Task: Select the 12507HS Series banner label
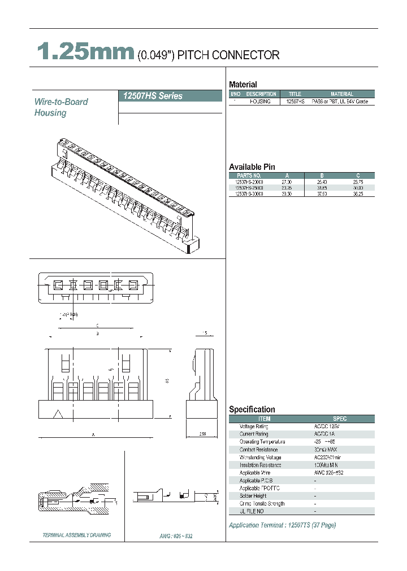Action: (x=153, y=96)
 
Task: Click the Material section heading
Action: (x=243, y=85)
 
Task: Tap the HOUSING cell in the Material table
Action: (x=261, y=102)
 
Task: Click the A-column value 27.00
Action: (x=287, y=182)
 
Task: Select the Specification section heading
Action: (x=252, y=410)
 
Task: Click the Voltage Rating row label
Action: (x=254, y=427)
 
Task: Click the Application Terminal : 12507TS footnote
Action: (x=282, y=525)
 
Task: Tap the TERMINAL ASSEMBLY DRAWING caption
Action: (x=77, y=535)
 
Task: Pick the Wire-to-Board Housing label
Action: (x=61, y=107)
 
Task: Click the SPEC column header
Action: (x=340, y=419)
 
